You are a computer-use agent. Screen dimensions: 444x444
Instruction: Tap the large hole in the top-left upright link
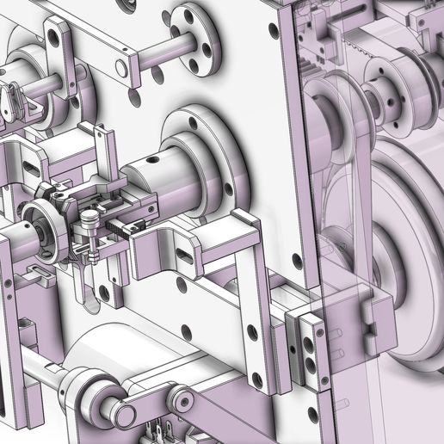pos(58,37)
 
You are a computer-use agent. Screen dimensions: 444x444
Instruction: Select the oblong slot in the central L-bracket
pos(184,254)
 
